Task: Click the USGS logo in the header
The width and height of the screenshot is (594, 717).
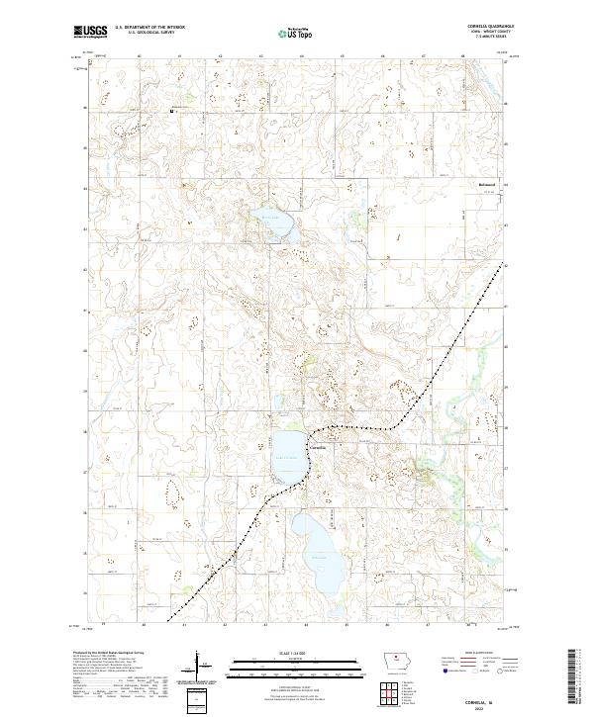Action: point(90,32)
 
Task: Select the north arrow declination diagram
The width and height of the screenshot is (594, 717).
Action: point(199,665)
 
